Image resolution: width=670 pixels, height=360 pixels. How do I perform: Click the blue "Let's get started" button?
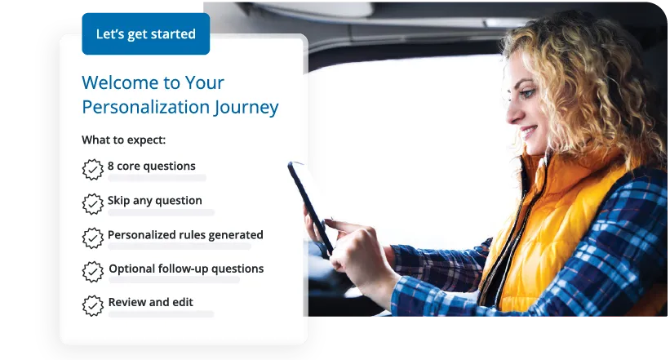coord(145,34)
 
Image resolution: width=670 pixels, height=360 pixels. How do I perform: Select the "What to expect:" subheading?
coord(123,140)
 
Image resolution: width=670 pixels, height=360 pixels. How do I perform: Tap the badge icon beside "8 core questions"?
coord(93,169)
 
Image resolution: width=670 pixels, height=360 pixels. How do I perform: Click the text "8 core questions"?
coord(152,166)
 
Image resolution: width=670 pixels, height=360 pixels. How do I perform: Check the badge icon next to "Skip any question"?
coord(93,203)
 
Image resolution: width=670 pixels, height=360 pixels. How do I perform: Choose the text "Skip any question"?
coord(155,200)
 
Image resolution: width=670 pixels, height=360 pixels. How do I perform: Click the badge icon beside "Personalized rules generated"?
coord(93,238)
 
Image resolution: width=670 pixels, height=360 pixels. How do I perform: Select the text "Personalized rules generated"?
coord(185,234)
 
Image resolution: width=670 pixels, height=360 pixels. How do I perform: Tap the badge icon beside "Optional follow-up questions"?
coord(93,272)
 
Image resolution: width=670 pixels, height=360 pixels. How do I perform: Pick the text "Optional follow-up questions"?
coord(186,269)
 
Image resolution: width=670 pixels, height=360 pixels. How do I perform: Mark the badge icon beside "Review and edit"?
coord(93,305)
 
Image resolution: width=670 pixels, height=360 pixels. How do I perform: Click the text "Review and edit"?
coord(151,302)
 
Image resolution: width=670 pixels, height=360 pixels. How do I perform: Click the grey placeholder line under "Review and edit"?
coord(161,314)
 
